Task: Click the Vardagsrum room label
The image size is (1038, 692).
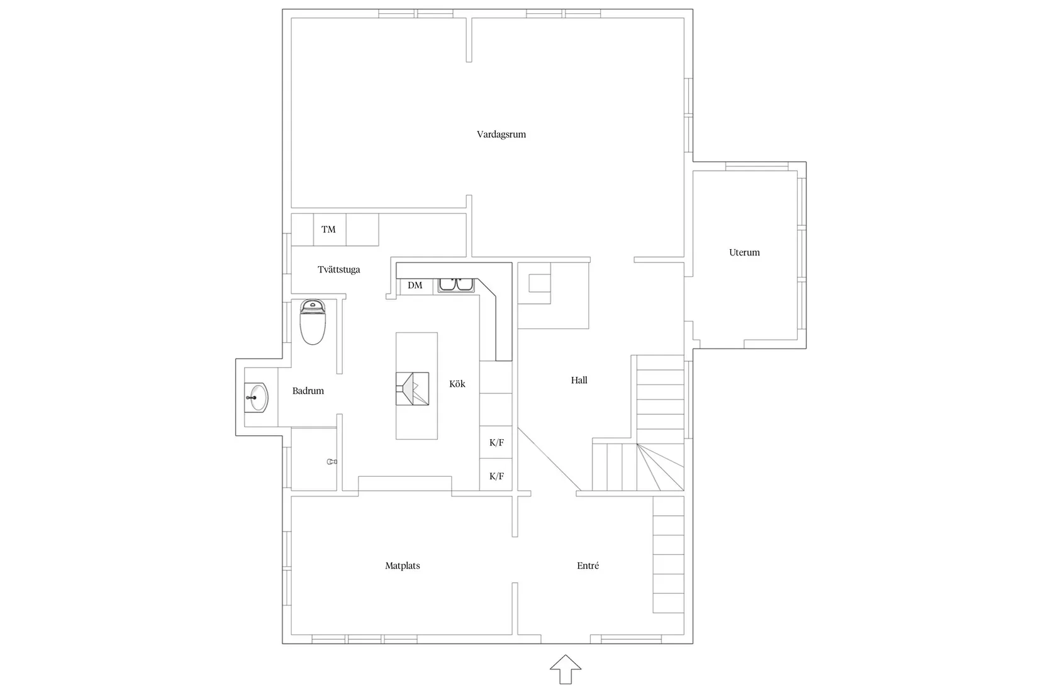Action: [x=501, y=134]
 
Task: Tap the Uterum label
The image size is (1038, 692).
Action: [x=744, y=252]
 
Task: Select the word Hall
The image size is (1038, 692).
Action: [x=579, y=380]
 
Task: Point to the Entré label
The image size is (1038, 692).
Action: [x=588, y=566]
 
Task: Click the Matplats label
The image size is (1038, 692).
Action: [x=402, y=566]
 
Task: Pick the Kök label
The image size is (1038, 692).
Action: [x=457, y=384]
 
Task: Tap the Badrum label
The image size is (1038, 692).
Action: [x=308, y=391]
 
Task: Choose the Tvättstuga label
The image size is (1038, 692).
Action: [x=338, y=269]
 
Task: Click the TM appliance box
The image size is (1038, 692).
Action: [x=329, y=230]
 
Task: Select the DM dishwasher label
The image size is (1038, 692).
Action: [x=415, y=286]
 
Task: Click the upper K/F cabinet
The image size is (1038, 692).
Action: [x=496, y=442]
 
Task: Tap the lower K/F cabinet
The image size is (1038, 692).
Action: [x=496, y=476]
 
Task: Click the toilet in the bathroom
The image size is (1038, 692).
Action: [x=313, y=321]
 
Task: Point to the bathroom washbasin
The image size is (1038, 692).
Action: [x=257, y=398]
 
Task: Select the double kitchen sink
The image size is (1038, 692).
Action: [x=457, y=285]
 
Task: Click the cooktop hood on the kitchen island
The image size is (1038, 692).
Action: [x=412, y=389]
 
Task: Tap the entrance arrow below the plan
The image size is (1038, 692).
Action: [x=566, y=669]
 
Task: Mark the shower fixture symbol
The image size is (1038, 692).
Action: [x=332, y=462]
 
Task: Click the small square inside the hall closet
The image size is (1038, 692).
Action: [x=539, y=283]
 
